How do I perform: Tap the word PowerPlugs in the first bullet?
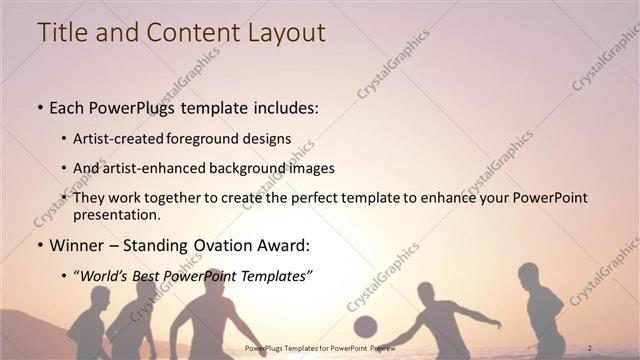coord(133,107)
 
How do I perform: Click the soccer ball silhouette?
coord(365,326)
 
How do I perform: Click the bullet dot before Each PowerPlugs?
coord(39,107)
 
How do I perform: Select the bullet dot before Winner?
coord(39,244)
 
